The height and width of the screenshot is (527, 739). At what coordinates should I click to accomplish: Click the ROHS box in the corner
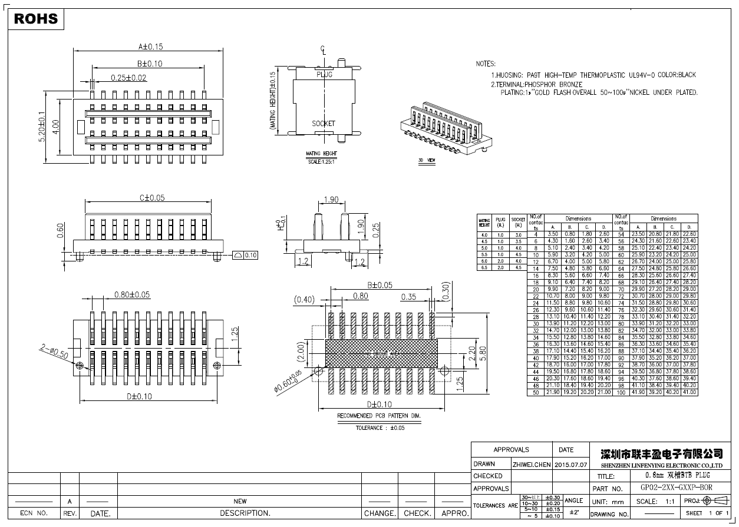[36, 19]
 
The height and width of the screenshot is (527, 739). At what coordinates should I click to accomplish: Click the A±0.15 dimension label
[150, 46]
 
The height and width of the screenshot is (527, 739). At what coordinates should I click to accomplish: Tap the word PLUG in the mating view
[324, 75]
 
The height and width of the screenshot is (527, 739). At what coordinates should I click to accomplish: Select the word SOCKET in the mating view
[323, 124]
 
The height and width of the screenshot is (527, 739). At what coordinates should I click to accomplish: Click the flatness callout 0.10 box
[246, 255]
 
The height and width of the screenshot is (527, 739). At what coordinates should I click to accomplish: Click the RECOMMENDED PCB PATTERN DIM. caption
[379, 416]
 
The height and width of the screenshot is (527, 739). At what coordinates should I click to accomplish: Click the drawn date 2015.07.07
[571, 465]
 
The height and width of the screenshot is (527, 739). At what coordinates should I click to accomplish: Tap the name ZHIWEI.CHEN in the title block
[532, 465]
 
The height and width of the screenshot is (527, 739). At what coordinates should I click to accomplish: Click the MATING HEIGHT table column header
[484, 223]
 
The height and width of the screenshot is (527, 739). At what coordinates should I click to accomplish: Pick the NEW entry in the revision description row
[240, 501]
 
